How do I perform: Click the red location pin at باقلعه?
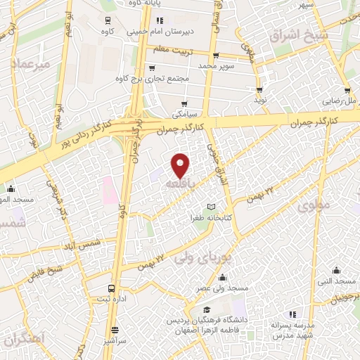(x=181, y=165)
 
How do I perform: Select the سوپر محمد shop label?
(x=214, y=65)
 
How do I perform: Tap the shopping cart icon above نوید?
(x=260, y=90)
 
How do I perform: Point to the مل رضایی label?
(x=340, y=101)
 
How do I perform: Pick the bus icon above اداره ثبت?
(x=111, y=289)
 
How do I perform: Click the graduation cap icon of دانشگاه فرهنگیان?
(x=207, y=309)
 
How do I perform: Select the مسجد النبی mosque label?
(x=337, y=282)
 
